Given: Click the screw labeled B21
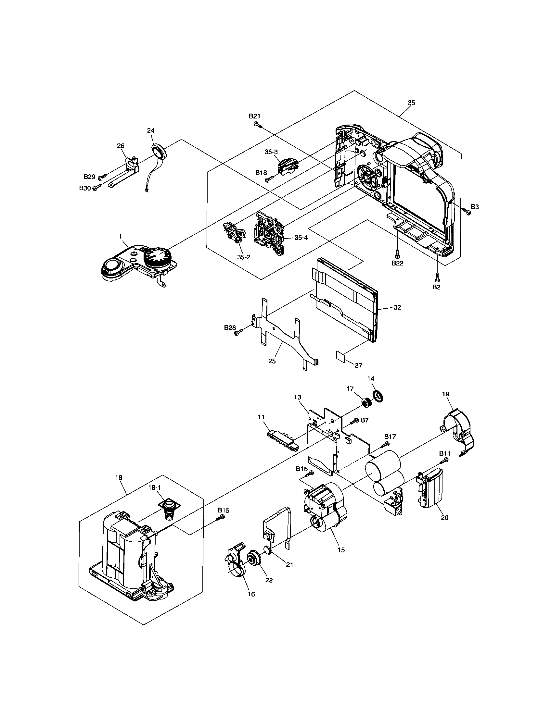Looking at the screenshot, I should (x=257, y=124).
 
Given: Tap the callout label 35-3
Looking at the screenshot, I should (x=271, y=152).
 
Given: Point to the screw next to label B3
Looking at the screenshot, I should (x=468, y=213).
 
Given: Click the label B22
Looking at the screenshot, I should (x=397, y=263).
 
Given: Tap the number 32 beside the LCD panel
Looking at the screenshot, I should (x=397, y=308).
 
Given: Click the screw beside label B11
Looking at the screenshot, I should (x=445, y=460).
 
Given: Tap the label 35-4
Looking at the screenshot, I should (x=301, y=238).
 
